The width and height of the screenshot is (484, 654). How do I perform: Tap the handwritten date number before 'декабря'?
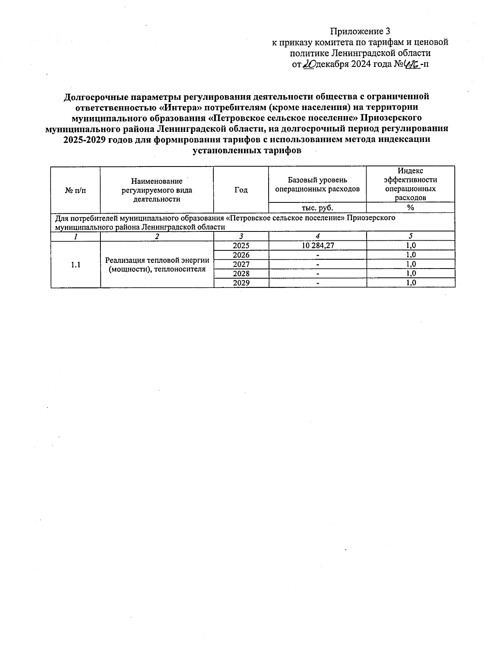click(309, 64)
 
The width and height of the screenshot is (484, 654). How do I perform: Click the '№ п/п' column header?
click(75, 190)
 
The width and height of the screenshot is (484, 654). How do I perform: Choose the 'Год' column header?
click(241, 190)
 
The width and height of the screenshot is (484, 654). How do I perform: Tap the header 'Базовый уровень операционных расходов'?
click(317, 185)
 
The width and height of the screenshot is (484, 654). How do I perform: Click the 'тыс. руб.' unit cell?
click(317, 208)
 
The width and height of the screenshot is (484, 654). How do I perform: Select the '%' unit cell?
click(411, 208)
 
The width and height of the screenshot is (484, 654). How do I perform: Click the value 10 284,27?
click(317, 246)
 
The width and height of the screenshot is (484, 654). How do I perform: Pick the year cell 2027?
click(241, 265)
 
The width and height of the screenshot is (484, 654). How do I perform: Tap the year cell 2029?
click(241, 283)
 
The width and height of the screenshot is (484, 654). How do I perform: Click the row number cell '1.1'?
click(75, 265)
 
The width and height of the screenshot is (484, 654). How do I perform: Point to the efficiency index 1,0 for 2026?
click(411, 255)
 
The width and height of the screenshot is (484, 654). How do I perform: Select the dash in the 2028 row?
click(318, 274)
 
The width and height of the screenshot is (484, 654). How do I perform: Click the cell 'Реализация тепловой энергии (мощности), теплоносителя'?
click(157, 265)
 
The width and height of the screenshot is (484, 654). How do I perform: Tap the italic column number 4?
click(317, 236)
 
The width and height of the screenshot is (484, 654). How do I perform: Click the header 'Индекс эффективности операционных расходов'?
click(411, 184)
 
